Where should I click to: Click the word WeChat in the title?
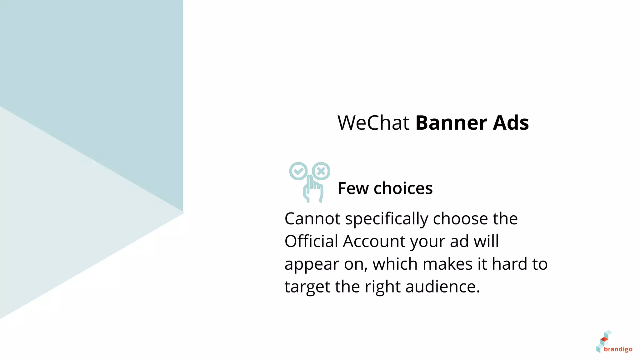(373, 122)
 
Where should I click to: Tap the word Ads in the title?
(511, 122)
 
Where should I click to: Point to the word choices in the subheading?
(403, 188)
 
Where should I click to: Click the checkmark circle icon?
(298, 171)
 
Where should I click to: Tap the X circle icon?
(321, 171)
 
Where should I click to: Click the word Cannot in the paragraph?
(312, 219)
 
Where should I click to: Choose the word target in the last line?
(307, 287)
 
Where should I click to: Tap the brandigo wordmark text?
(618, 349)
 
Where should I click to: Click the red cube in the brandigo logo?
(604, 339)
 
